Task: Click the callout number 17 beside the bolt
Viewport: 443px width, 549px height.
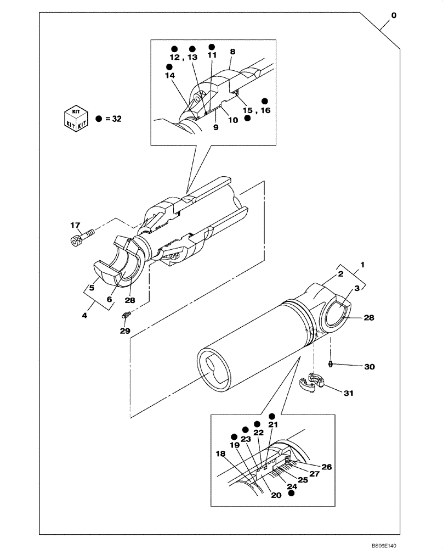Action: [75, 225]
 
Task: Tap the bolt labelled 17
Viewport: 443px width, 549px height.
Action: [79, 238]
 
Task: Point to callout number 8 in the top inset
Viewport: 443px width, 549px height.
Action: [232, 52]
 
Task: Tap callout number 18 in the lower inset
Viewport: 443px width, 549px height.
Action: [220, 453]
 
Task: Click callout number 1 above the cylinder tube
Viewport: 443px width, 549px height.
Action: [362, 264]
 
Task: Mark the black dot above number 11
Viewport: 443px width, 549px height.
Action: [212, 46]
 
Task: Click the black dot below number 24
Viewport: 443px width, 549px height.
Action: [292, 494]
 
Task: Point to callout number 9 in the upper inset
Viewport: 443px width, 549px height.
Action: [215, 127]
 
